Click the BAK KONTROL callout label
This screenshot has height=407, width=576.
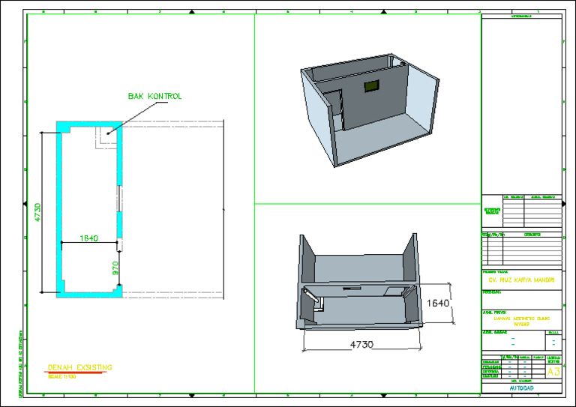point(155,97)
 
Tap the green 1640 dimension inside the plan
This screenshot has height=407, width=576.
point(89,238)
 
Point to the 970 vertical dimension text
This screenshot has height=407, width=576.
point(115,268)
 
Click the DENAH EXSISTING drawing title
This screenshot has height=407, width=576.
point(79,367)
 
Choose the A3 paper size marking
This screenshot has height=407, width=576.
point(553,372)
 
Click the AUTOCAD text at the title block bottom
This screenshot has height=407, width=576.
point(520,388)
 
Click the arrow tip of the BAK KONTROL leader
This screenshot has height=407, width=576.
point(108,134)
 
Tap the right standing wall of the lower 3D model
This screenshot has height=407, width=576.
point(410,259)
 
